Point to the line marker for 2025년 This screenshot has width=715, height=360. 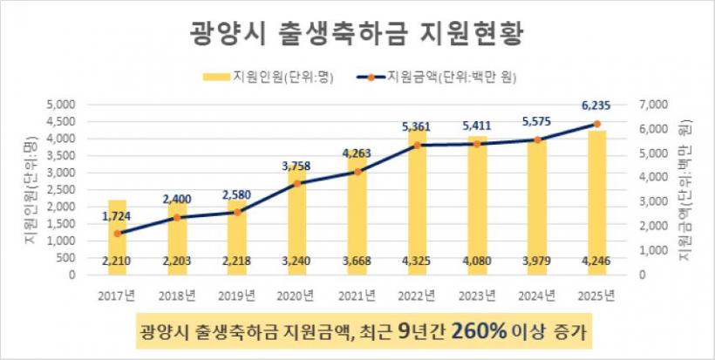[596, 124]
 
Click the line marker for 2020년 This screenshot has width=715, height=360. [297, 183]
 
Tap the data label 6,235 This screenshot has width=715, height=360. [596, 106]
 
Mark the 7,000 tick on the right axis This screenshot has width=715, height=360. [653, 105]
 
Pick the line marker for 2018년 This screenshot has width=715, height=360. [177, 217]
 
